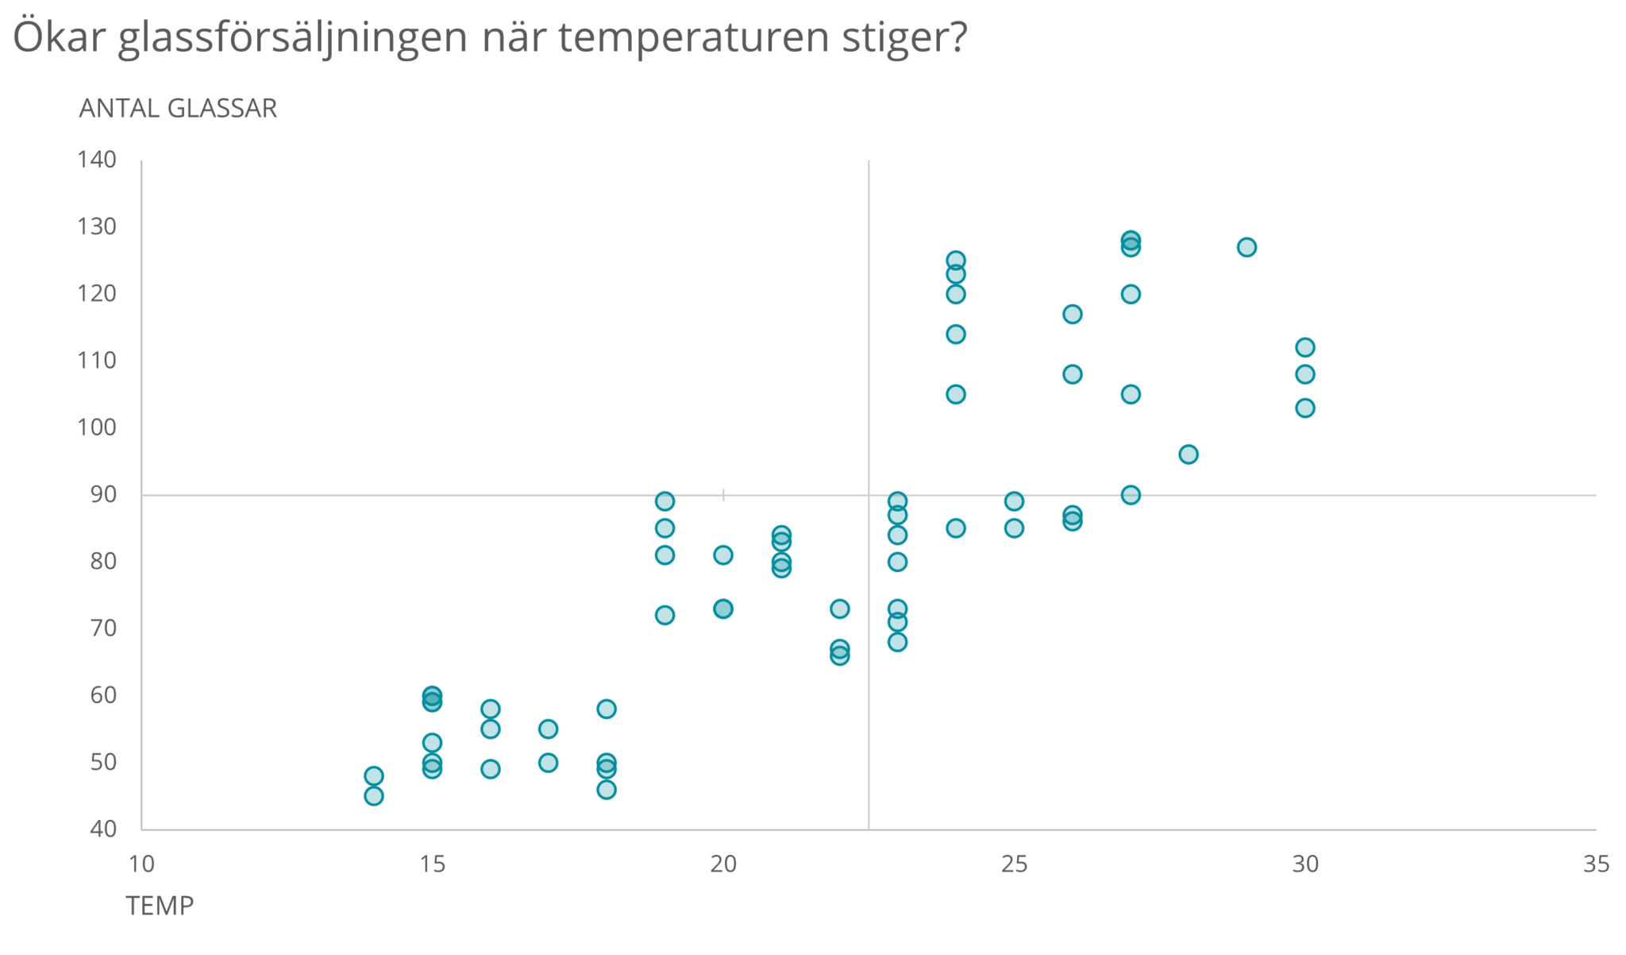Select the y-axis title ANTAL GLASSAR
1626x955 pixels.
178,108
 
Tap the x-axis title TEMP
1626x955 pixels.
160,905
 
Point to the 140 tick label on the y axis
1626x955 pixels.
97,160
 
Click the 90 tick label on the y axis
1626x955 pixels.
103,494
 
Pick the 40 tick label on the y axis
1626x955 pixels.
103,829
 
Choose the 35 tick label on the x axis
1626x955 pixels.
1596,864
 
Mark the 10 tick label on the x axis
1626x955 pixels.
141,864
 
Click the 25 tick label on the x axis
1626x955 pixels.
1014,864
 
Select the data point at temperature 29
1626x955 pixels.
1246,247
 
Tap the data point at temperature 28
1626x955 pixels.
1189,454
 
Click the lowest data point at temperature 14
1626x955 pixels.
374,795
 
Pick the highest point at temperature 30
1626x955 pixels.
1305,347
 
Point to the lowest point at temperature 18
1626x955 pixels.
607,789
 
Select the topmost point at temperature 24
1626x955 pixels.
956,261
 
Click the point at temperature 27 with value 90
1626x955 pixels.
1131,495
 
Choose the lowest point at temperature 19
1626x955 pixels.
665,615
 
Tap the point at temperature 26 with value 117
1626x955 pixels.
1073,314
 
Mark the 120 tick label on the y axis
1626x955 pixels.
97,294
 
